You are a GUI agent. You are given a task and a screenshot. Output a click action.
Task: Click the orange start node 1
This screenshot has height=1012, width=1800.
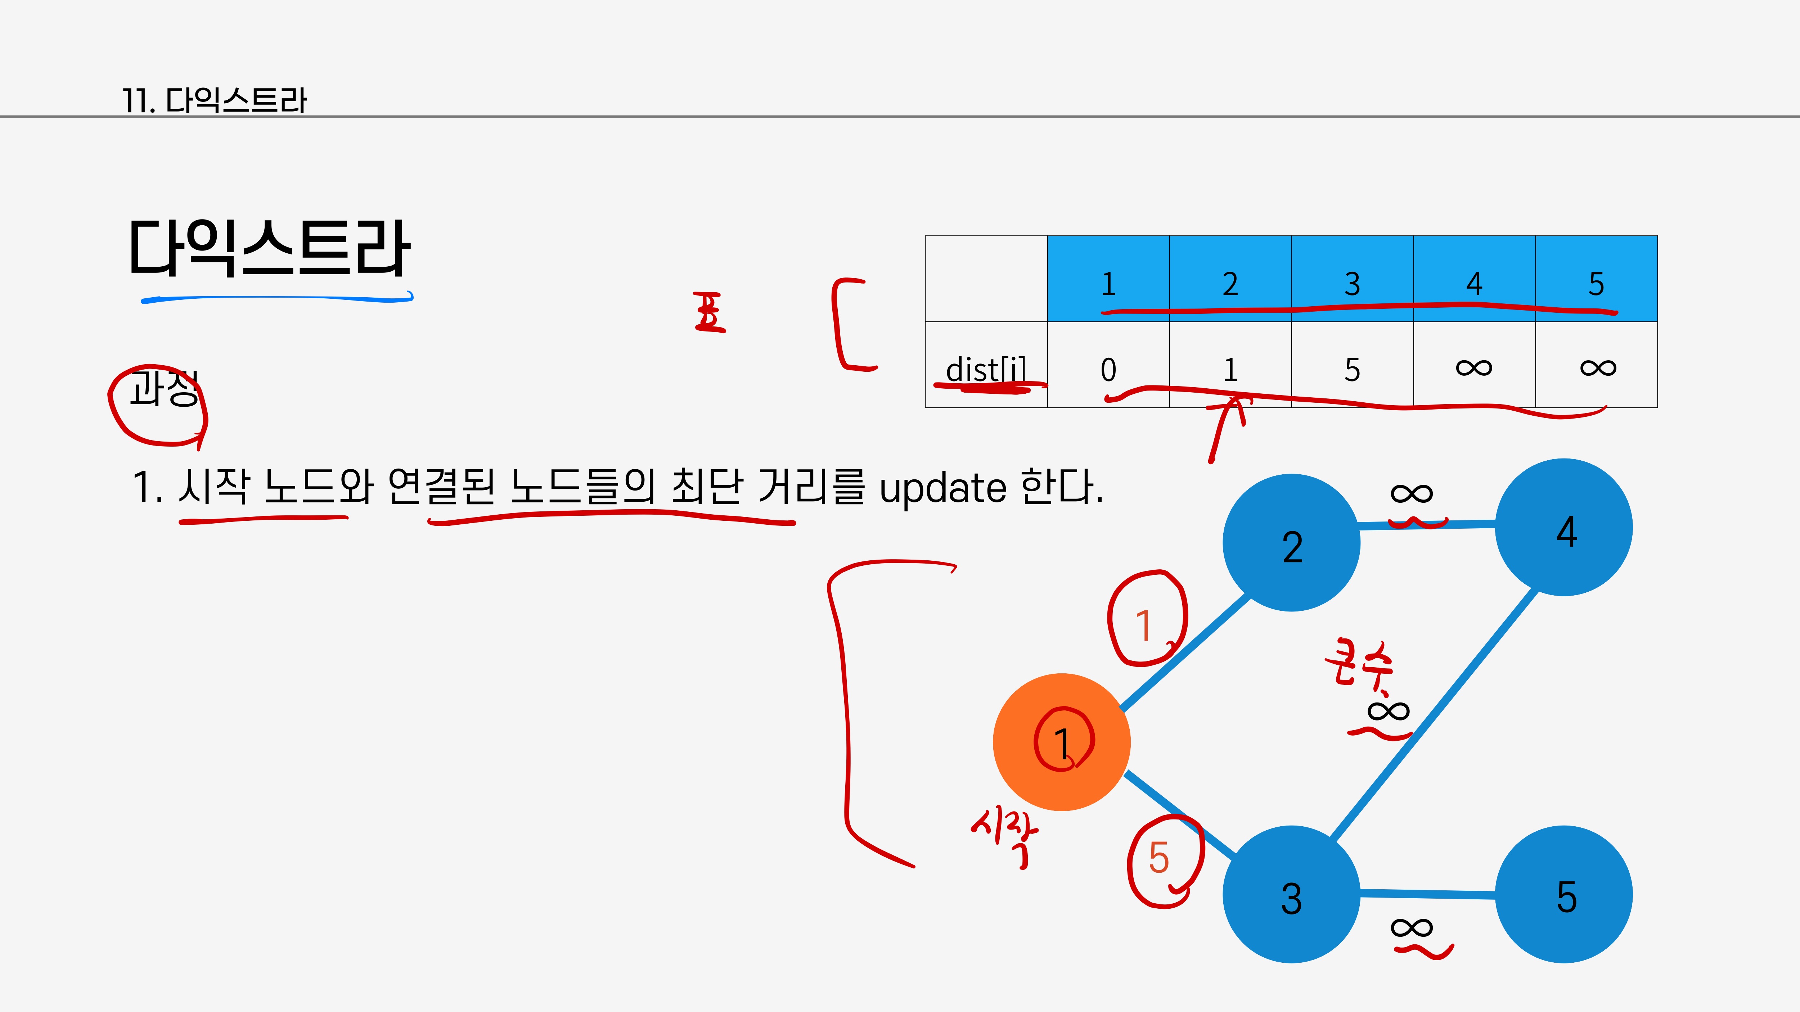pos(1061,742)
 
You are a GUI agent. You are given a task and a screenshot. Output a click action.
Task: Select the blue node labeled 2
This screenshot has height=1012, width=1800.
pos(1291,543)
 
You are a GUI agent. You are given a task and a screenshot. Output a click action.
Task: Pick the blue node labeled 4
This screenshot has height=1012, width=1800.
pos(1564,528)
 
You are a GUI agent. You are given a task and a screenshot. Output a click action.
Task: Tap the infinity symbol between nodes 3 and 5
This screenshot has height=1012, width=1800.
pos(1412,927)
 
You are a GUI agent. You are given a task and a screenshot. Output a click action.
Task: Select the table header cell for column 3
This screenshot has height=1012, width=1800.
pos(1352,279)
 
